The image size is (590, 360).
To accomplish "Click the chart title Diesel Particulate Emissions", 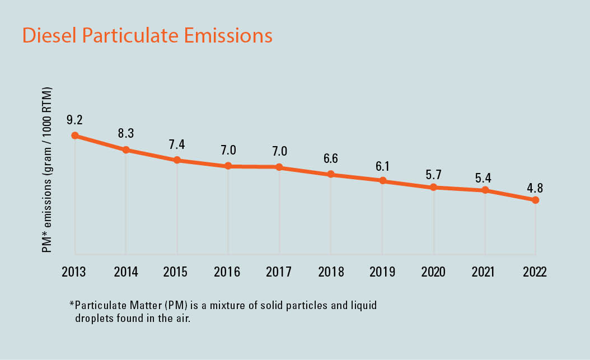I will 147,36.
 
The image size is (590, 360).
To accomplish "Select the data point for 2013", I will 74,135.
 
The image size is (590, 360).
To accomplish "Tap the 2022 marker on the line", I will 536,200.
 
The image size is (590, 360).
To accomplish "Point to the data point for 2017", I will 279,167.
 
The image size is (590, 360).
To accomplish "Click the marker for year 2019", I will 382,181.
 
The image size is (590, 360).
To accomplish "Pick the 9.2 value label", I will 74,119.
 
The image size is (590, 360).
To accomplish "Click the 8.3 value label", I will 126,134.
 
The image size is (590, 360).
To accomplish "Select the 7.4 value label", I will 177,144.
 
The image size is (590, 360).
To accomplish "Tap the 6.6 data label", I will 330,158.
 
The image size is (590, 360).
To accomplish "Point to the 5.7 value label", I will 433,174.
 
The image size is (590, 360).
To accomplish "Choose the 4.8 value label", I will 535,188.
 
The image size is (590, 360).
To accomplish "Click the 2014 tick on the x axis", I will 126,272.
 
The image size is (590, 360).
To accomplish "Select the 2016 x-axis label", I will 228,272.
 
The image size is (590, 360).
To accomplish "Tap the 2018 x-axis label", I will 330,272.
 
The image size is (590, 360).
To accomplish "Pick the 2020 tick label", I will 433,272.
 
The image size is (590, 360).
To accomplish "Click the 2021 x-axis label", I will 484,272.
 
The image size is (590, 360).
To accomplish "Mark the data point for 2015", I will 177,160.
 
